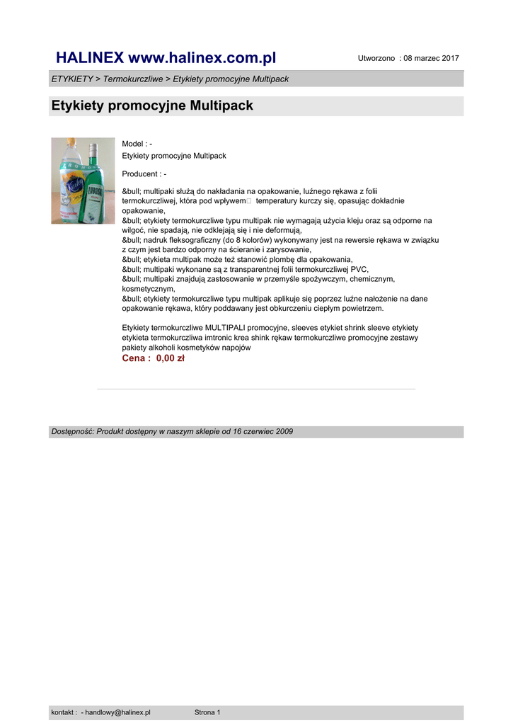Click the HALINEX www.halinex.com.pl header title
coord(166,57)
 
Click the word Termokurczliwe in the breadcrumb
coord(133,79)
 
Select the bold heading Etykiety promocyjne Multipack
coord(152,106)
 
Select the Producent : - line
coord(144,174)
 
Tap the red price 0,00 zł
coord(170,358)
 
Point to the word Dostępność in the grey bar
coord(72,431)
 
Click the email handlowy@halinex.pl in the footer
coord(117,712)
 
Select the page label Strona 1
coord(207,712)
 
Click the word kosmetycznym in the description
coord(148,289)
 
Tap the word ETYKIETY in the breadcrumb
coord(71,79)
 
